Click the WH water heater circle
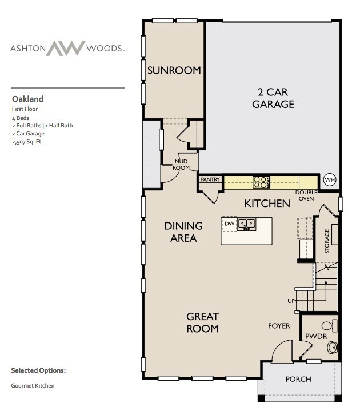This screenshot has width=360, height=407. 330,180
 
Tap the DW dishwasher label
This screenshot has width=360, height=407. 229,223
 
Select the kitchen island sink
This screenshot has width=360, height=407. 247,224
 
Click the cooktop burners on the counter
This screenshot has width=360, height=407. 261,182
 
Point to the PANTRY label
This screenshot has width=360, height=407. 210,179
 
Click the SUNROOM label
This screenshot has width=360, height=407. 174,71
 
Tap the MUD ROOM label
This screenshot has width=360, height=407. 181,165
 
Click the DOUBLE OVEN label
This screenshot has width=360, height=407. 306,195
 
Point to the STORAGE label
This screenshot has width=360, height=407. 327,241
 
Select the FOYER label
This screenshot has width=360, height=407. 279,326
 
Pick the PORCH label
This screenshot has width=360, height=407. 298,379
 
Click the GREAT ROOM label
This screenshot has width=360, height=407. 202,322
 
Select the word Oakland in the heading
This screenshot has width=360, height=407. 27,99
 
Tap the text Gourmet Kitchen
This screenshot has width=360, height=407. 33,386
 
